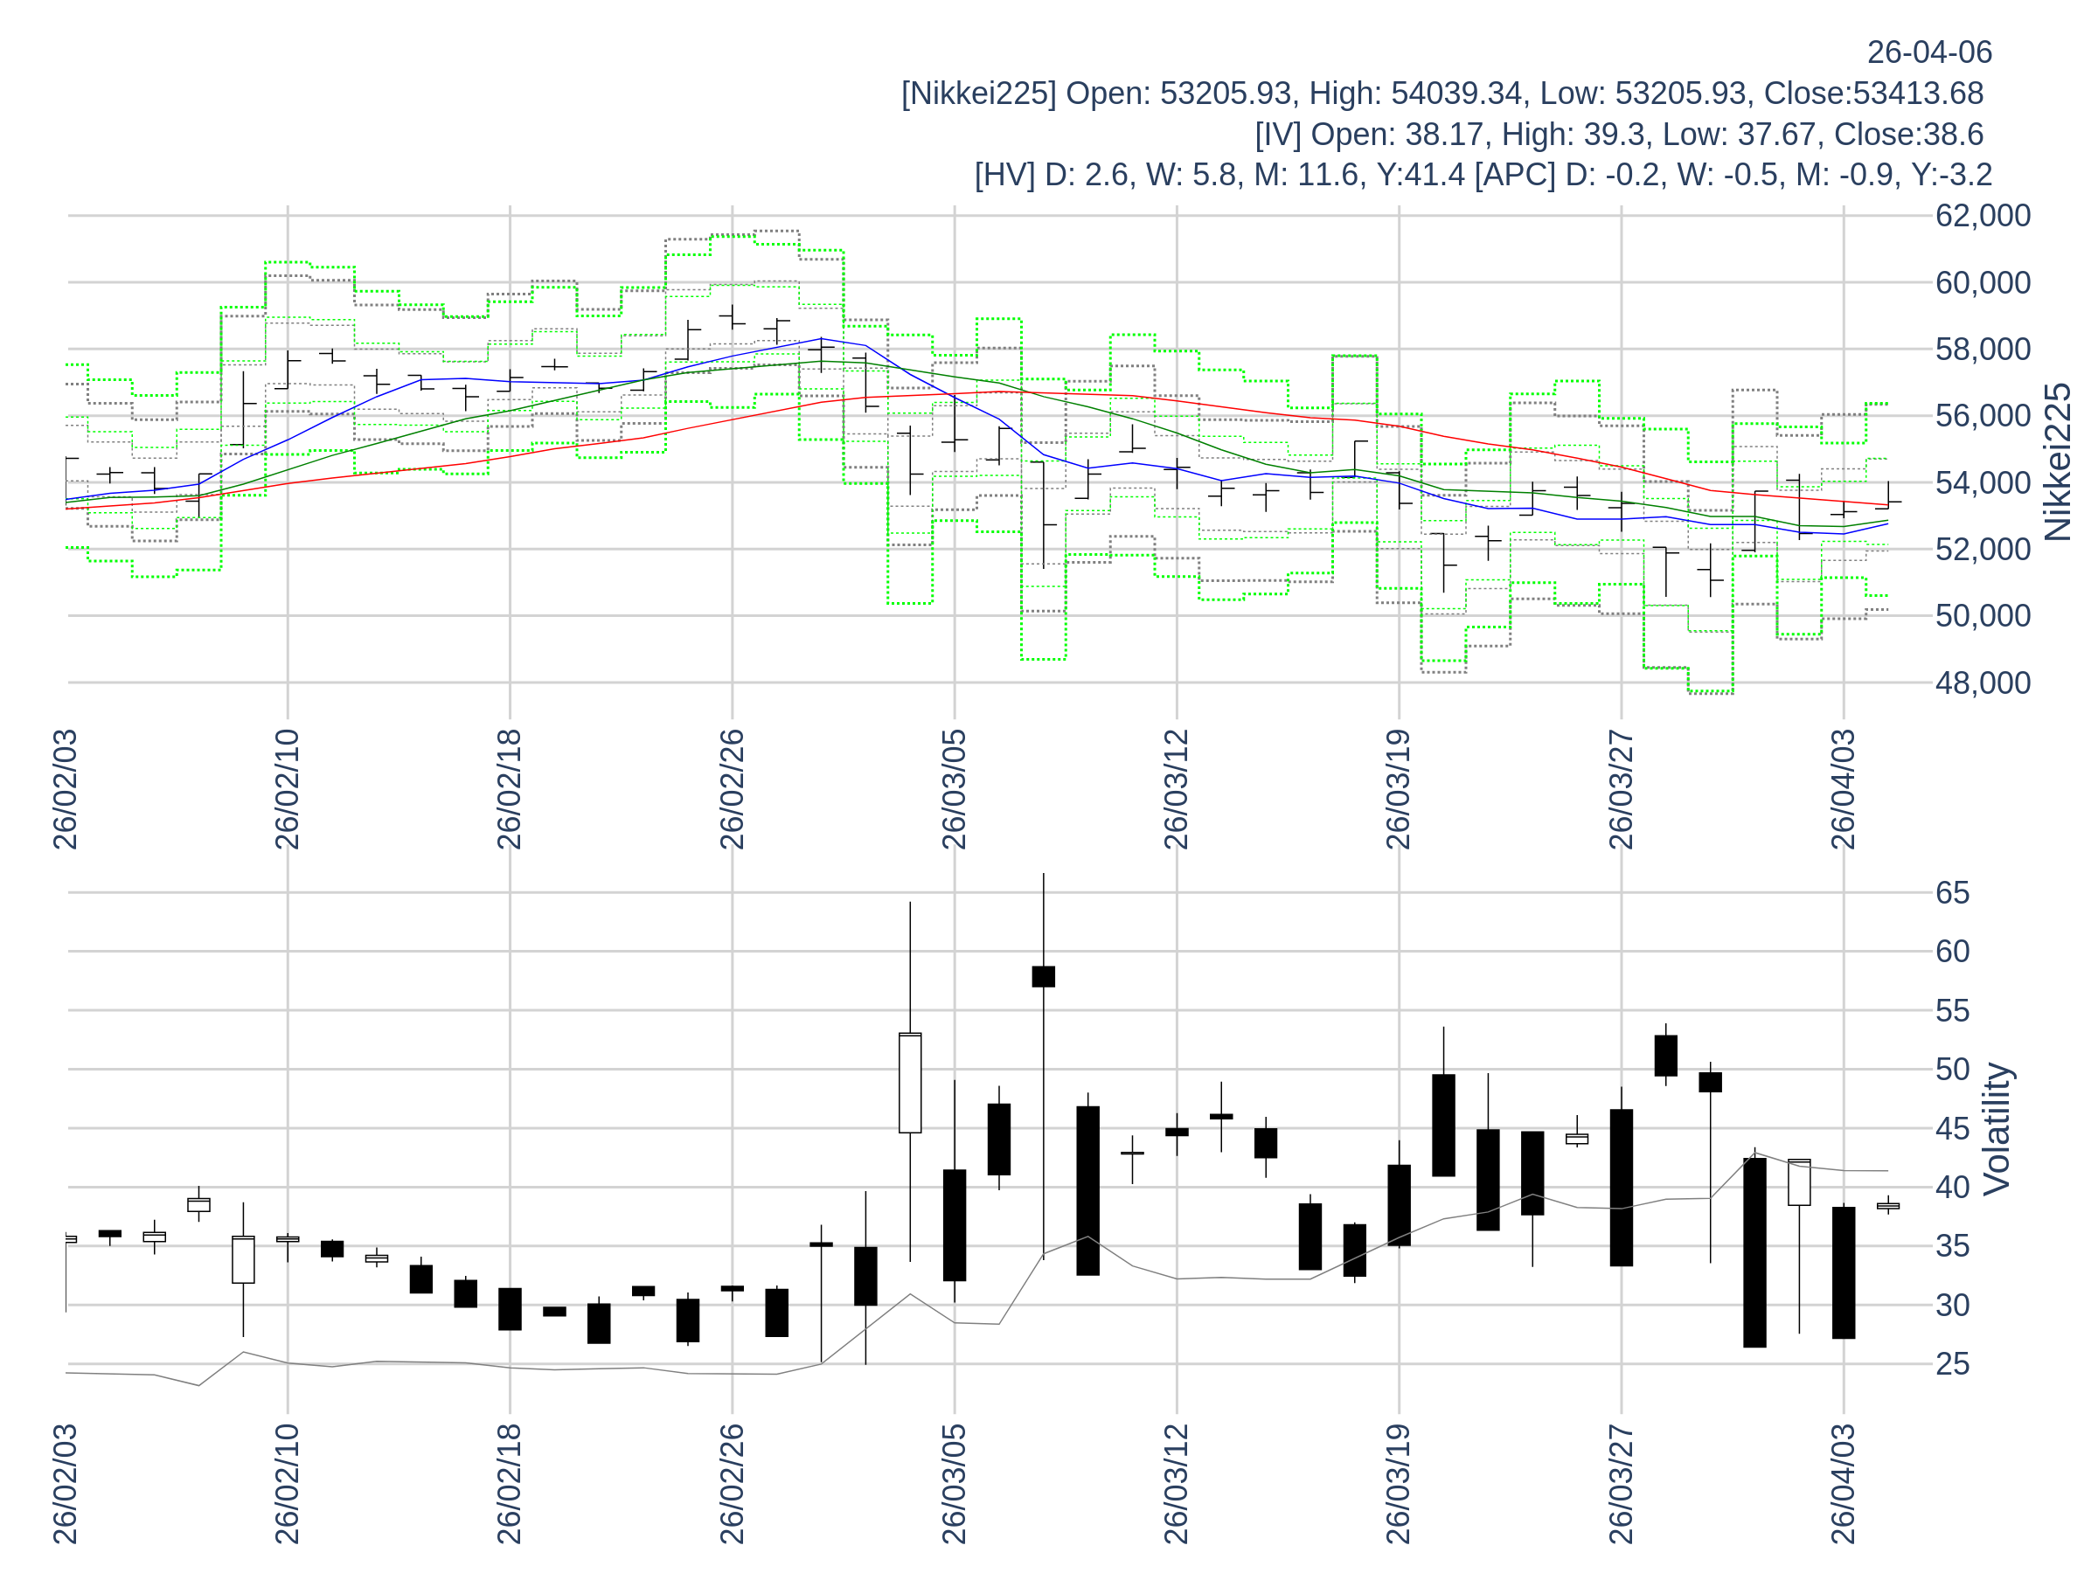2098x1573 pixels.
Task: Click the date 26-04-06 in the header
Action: tap(1929, 52)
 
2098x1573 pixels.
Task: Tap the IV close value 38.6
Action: tap(1955, 135)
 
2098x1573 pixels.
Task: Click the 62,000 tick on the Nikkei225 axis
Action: tap(1983, 216)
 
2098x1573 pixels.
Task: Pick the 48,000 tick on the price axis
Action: tap(1983, 683)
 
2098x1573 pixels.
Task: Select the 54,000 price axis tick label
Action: tap(1983, 483)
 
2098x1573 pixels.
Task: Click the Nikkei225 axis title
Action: tap(2058, 461)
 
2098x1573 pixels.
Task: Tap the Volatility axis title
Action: tap(1997, 1129)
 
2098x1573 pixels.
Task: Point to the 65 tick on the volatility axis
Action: tap(1953, 893)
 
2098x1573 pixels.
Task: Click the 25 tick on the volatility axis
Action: tap(1953, 1364)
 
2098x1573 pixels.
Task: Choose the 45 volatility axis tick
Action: tap(1953, 1129)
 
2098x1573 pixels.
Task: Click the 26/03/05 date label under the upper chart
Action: tap(955, 790)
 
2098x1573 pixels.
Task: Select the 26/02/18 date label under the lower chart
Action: tap(510, 1484)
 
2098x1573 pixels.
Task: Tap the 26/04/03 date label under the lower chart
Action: tap(1843, 1484)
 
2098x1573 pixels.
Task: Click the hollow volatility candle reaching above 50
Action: tap(910, 1083)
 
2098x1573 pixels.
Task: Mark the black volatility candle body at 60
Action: tap(1043, 977)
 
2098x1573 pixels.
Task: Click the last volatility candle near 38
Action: tap(1887, 1206)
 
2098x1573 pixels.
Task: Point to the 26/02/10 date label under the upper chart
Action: tap(288, 790)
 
